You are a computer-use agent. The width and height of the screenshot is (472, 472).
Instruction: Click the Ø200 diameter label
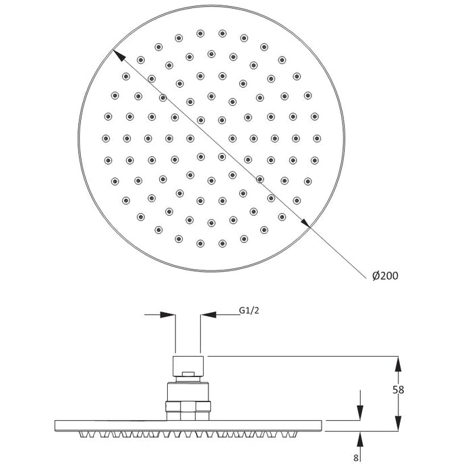coord(384,276)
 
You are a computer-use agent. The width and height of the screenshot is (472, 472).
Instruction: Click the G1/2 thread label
coord(250,311)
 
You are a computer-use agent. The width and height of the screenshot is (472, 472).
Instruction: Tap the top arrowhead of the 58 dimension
coord(399,363)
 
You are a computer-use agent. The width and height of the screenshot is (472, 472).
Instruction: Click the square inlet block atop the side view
coord(187,365)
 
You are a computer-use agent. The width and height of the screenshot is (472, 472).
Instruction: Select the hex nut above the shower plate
coord(188,406)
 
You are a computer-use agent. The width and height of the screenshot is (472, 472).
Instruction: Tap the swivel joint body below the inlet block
coord(188,392)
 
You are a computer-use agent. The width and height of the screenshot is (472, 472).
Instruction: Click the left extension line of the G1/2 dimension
coord(175,334)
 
